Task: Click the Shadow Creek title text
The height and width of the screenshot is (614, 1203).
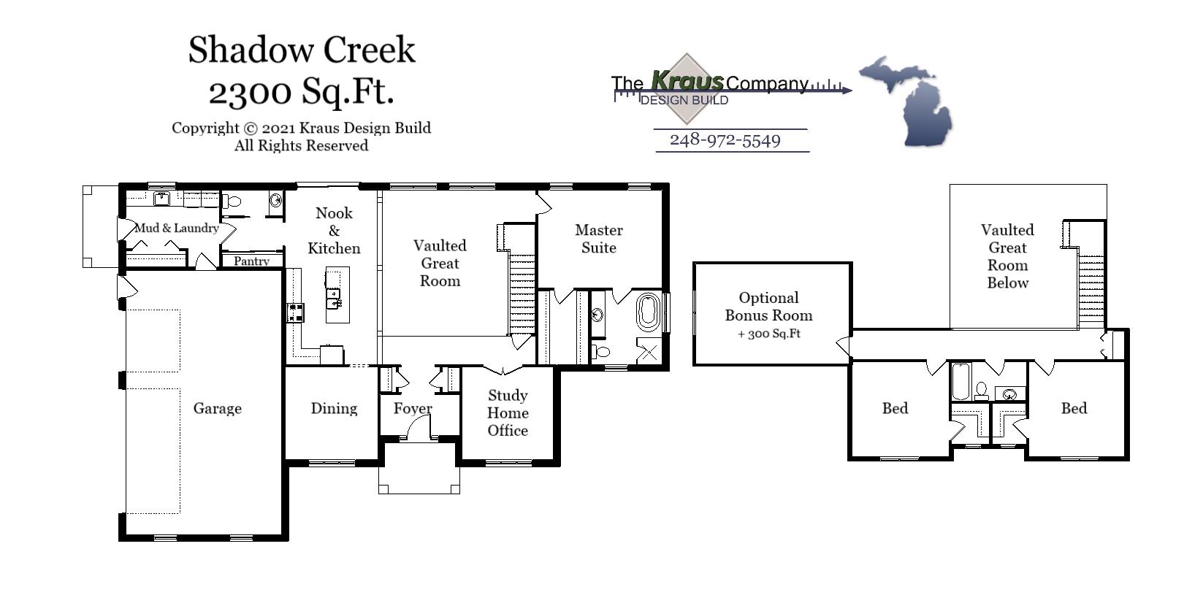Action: (x=302, y=50)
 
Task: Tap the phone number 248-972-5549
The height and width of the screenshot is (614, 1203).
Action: (x=725, y=140)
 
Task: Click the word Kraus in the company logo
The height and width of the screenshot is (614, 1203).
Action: (x=687, y=80)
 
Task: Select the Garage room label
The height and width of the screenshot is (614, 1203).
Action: (x=217, y=409)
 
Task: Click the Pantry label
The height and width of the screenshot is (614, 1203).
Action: (x=251, y=261)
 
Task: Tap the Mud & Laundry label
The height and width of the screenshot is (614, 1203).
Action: (x=177, y=229)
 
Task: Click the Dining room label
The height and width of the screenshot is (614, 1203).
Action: (x=334, y=409)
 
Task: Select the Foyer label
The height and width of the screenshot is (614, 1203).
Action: (x=413, y=409)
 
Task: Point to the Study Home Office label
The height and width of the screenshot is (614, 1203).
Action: (x=508, y=413)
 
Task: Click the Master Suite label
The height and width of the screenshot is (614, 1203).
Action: (x=599, y=239)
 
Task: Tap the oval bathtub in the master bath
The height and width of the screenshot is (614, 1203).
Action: (x=648, y=312)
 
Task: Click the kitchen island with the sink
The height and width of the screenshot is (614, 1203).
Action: (x=337, y=295)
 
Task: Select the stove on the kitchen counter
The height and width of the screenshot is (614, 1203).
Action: (x=295, y=312)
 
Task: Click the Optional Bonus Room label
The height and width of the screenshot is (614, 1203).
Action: (x=768, y=307)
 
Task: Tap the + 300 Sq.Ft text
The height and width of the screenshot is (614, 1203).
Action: (x=769, y=334)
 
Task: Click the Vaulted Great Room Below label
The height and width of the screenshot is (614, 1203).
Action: (x=1007, y=256)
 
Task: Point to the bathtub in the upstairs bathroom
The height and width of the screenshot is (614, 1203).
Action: (x=961, y=382)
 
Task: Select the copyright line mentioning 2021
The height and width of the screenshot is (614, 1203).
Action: (x=301, y=128)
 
